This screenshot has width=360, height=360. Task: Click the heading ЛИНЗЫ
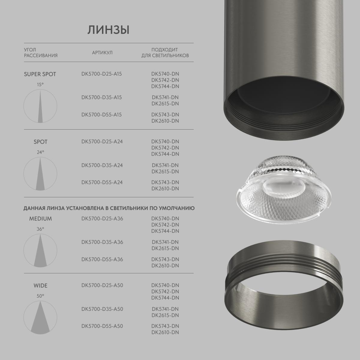point(108,30)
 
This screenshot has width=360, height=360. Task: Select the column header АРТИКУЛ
point(102,52)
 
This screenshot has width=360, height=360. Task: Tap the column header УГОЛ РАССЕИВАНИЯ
point(40,52)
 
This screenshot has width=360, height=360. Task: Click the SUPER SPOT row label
point(40,74)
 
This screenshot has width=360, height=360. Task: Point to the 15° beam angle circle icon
point(40,106)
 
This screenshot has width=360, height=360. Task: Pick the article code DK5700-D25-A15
point(102,74)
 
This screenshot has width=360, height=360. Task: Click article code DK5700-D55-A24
point(102,182)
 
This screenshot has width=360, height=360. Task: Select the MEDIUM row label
point(40,219)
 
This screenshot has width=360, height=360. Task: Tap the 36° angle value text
point(40,229)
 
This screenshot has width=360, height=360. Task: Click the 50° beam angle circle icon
point(40,317)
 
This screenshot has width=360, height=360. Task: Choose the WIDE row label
point(40,286)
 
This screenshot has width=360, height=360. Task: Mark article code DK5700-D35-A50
point(102,309)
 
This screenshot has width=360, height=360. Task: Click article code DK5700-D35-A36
point(102,242)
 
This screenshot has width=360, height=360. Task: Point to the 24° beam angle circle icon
point(40,174)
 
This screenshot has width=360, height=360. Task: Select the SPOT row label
point(40,142)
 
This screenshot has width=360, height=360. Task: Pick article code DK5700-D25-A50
point(102,285)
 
